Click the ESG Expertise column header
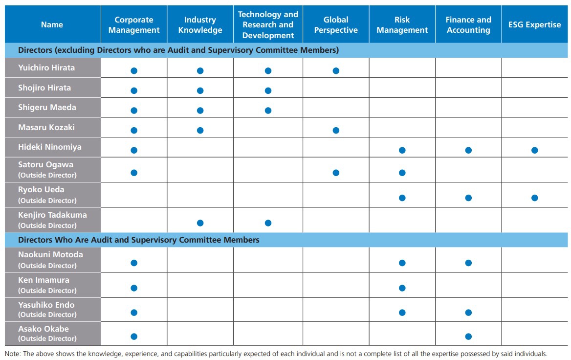(534, 24)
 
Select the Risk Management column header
(402, 25)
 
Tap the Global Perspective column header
(336, 25)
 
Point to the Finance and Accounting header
(468, 25)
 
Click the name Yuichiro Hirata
(46, 68)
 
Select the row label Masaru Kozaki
(46, 127)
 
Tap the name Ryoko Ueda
(41, 189)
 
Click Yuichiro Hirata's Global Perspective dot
(336, 71)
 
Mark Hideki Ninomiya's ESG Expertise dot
(535, 150)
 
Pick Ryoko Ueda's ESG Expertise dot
(535, 198)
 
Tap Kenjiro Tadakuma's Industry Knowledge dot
(200, 223)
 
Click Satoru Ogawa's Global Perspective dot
(336, 173)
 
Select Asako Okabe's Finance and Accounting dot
(468, 337)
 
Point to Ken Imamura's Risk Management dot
(402, 288)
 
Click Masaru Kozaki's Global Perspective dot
(336, 131)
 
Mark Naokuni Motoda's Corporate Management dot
(134, 263)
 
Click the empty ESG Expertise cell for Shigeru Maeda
(535, 108)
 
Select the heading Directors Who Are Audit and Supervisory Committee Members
(139, 240)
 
